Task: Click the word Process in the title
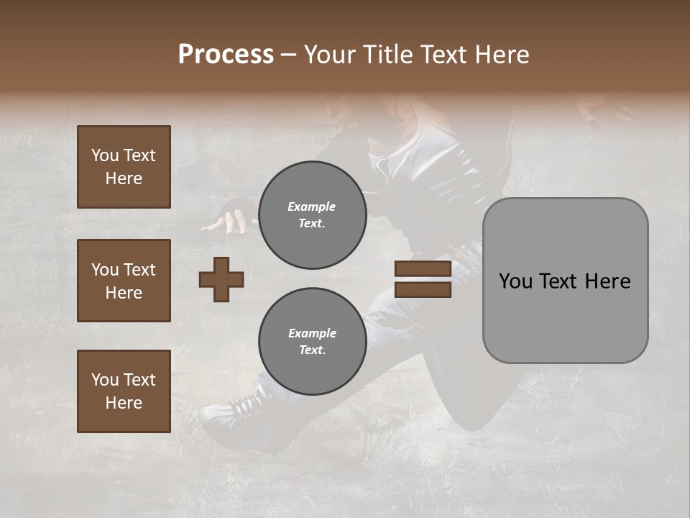click(x=226, y=55)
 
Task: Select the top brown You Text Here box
click(x=124, y=167)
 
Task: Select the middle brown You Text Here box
click(x=124, y=281)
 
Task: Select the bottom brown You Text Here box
click(x=124, y=391)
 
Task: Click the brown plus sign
click(x=221, y=279)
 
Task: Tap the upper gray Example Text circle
click(x=312, y=215)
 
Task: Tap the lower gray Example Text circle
click(x=312, y=342)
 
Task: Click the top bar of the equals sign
click(x=423, y=269)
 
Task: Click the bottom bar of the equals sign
click(x=423, y=290)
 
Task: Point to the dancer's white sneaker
click(x=230, y=410)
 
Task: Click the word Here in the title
click(x=504, y=55)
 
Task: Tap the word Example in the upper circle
click(x=312, y=206)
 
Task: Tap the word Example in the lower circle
click(x=312, y=333)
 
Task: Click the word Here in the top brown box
click(x=124, y=178)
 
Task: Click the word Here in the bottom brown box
click(x=124, y=403)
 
